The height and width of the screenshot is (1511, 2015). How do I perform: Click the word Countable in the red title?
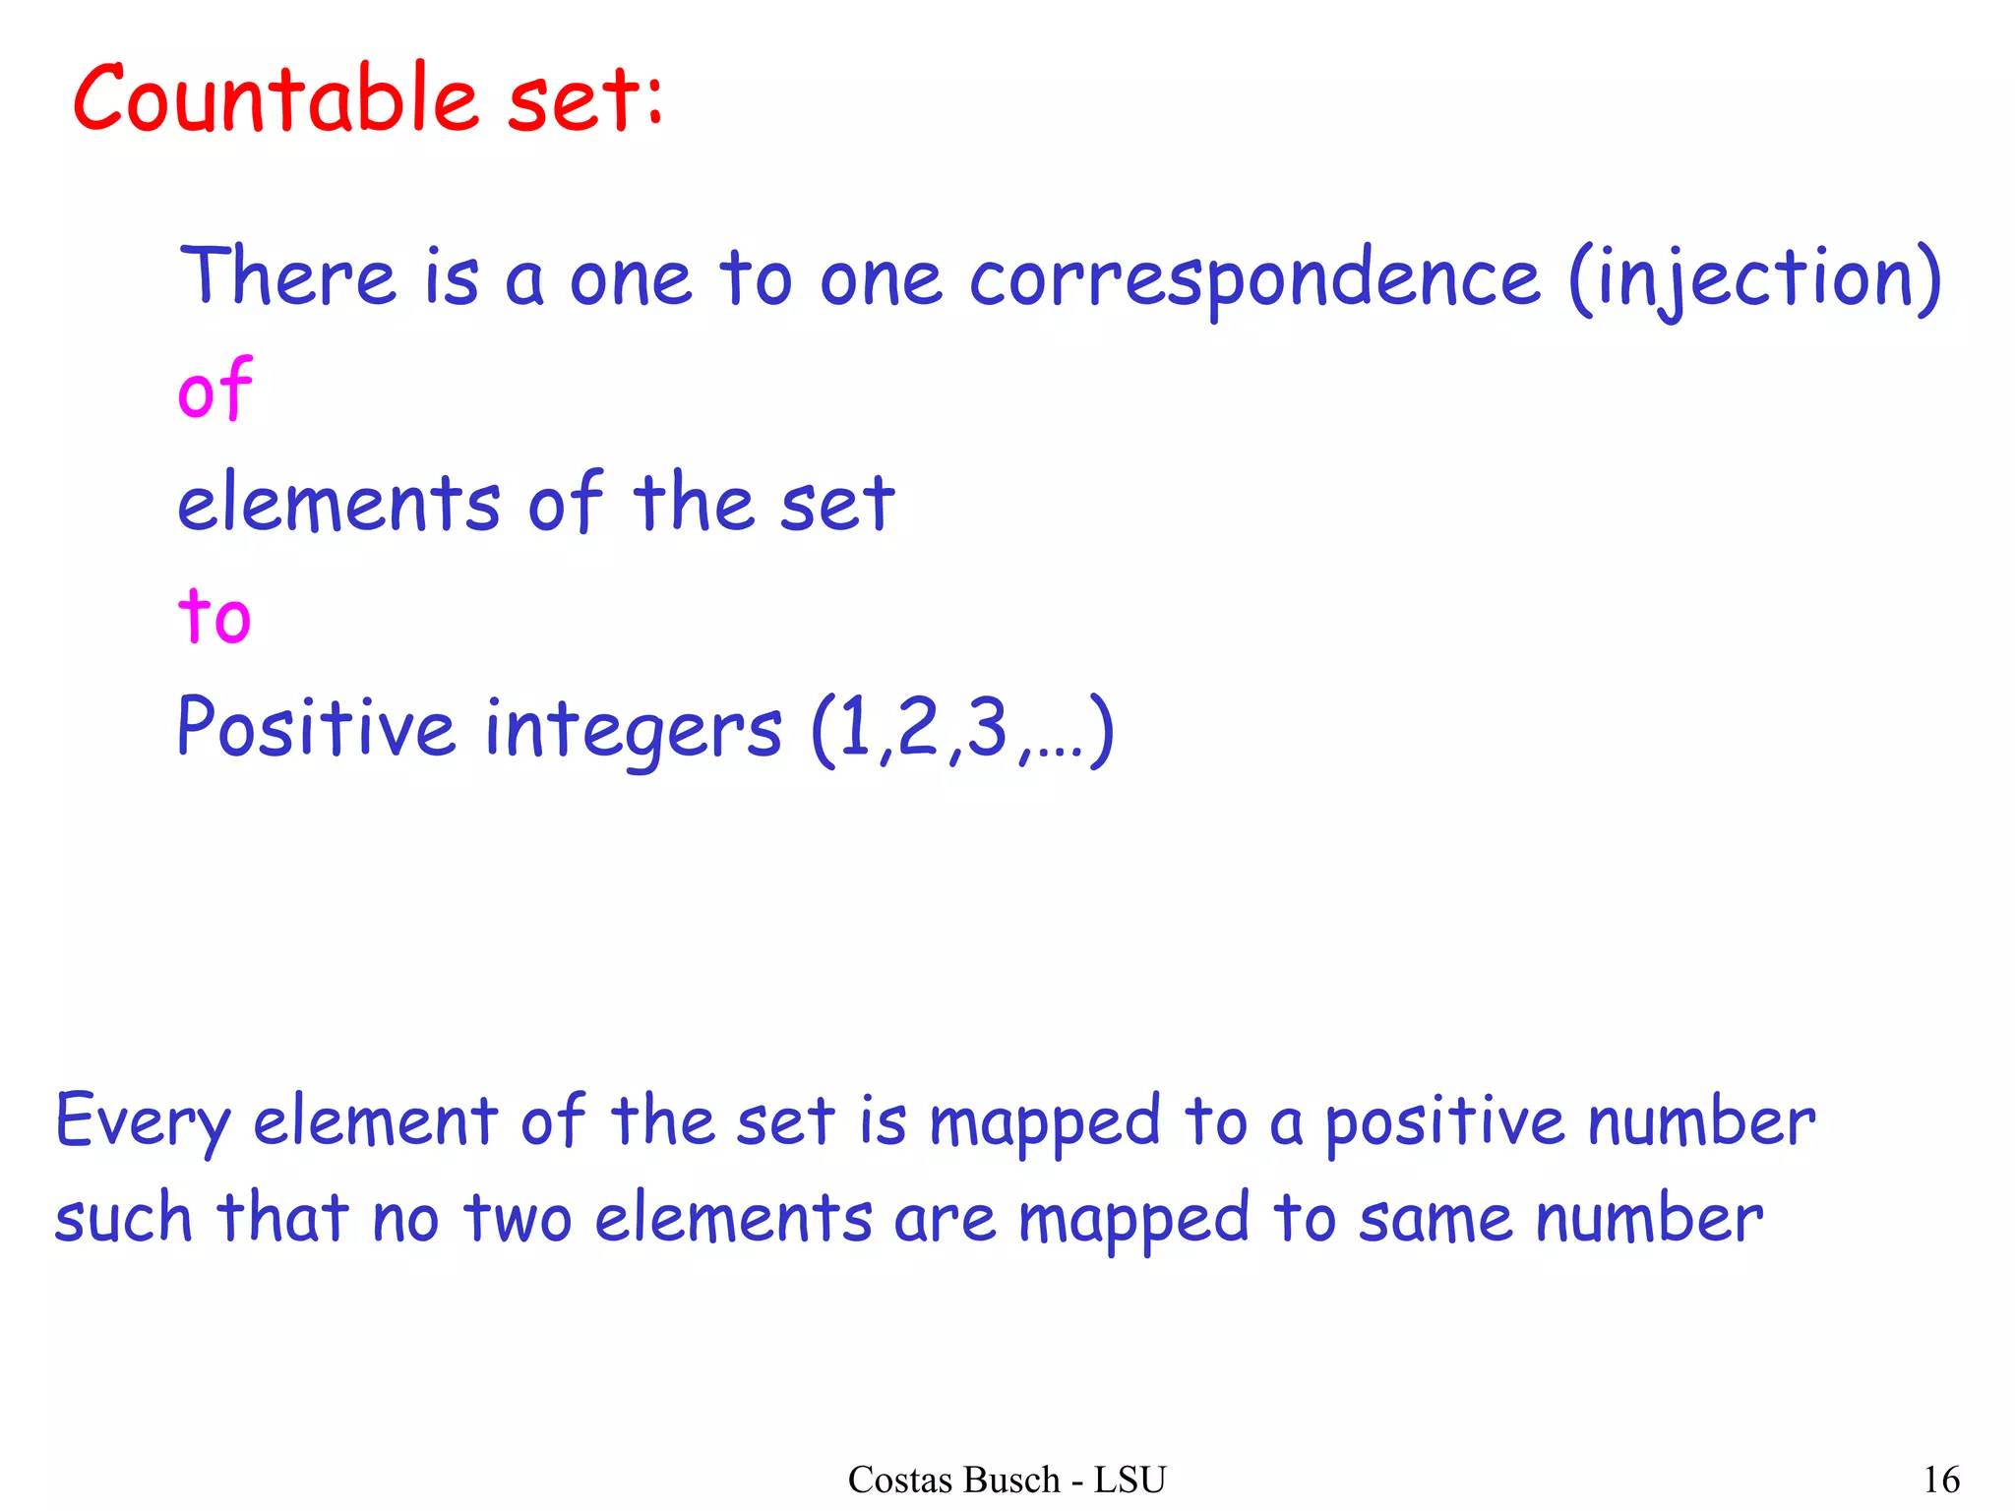[x=276, y=98]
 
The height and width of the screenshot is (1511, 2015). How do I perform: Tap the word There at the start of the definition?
[x=288, y=277]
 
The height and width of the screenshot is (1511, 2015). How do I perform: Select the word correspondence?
[x=1254, y=280]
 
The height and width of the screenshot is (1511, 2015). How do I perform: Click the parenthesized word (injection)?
[x=1754, y=280]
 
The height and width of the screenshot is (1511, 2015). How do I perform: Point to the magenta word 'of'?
[x=215, y=390]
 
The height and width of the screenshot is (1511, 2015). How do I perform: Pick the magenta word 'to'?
[x=214, y=616]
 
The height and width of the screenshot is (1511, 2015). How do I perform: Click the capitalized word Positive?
[x=316, y=728]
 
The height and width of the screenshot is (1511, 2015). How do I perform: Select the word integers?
[x=634, y=731]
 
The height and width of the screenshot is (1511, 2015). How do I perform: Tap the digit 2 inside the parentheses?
[x=918, y=728]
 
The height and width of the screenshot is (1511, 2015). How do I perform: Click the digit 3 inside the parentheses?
[x=987, y=728]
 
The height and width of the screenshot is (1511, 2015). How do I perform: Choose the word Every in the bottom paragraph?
[x=144, y=1122]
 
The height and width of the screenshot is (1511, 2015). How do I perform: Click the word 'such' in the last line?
[x=123, y=1219]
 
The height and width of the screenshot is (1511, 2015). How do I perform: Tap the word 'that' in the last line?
[x=282, y=1217]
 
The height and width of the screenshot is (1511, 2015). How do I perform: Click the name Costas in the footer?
[x=891, y=1480]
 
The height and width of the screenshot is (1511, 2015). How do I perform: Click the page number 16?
[x=1941, y=1480]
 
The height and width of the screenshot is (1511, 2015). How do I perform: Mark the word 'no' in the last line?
[x=405, y=1221]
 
